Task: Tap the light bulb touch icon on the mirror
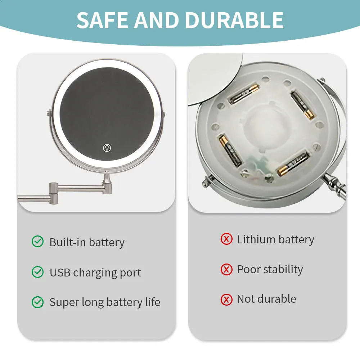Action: (107, 148)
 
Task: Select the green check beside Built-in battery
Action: (37, 242)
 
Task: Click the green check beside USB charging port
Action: (37, 272)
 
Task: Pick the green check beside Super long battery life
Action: (37, 302)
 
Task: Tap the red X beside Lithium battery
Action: (226, 239)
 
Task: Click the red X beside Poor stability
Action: (226, 269)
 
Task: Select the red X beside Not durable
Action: (226, 299)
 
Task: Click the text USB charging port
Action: (95, 273)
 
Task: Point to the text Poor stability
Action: (270, 269)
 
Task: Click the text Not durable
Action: (266, 299)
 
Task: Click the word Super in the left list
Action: (63, 302)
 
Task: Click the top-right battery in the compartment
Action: (302, 105)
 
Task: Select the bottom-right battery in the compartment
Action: (292, 163)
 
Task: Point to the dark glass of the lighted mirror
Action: (107, 108)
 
